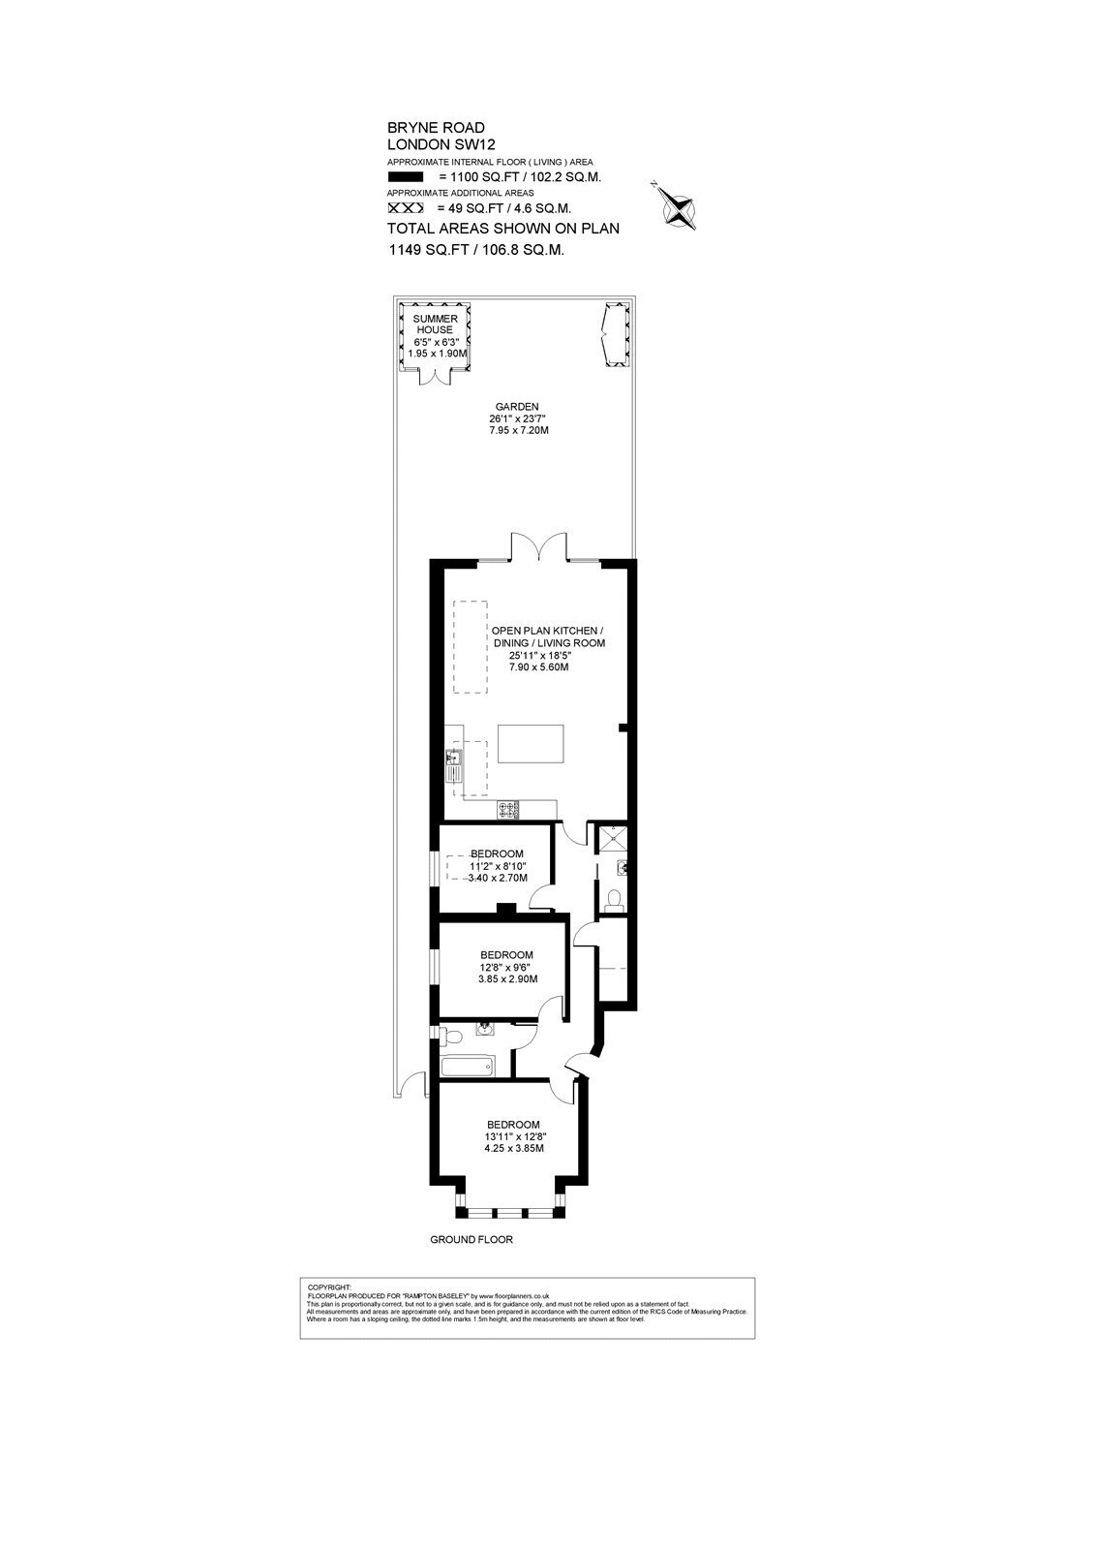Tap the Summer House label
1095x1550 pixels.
coord(435,324)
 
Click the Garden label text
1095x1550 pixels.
coord(517,407)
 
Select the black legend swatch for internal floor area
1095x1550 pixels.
coord(406,177)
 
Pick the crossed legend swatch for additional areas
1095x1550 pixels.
coord(406,208)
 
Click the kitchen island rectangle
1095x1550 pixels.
coord(531,744)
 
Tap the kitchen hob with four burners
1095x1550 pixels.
coord(508,810)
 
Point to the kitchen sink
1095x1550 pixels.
coord(455,764)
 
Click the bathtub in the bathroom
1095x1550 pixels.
coord(469,1067)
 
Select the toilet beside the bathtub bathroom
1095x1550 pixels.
coord(452,1036)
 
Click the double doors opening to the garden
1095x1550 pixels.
coord(539,546)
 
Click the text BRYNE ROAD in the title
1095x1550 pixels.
coord(436,127)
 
